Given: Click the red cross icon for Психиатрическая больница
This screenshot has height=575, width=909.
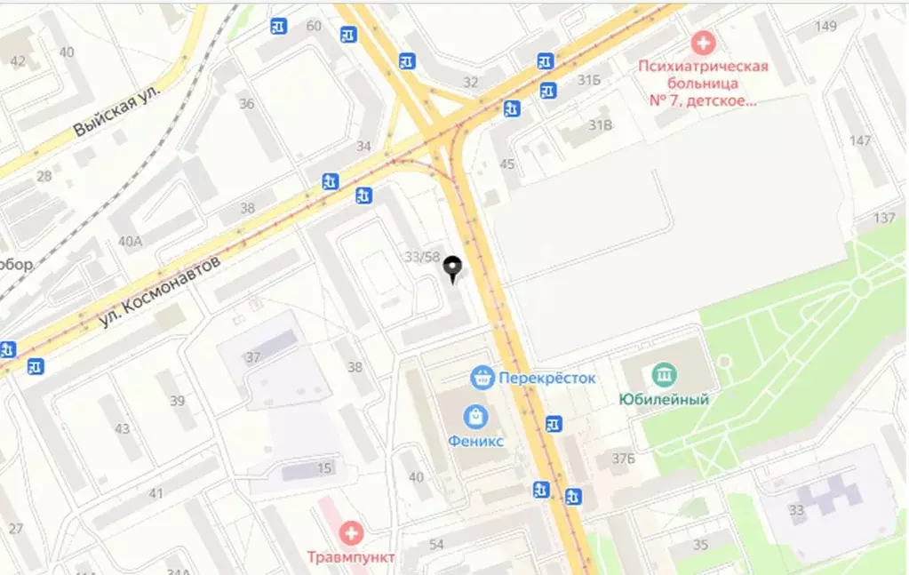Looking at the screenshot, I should [x=703, y=42].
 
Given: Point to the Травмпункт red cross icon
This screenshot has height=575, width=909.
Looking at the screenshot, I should [x=352, y=533].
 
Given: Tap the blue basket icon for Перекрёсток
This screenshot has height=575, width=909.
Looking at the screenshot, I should [x=482, y=378].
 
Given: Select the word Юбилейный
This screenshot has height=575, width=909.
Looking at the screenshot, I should [x=664, y=400].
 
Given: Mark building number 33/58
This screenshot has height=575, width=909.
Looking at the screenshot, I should [x=422, y=257].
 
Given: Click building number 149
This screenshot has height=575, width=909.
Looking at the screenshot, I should [x=825, y=26].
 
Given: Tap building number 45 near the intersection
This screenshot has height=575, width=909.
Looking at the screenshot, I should [x=507, y=164].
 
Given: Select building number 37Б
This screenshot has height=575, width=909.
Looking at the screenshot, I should [x=623, y=459].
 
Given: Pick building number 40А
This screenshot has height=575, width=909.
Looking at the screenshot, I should [x=130, y=241].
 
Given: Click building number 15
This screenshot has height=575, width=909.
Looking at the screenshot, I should [x=325, y=468].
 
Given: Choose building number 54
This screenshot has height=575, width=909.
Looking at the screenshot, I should [x=435, y=544].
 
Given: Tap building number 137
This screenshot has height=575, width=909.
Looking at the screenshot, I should [x=884, y=219].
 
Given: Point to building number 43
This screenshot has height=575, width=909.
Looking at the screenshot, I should [x=122, y=429].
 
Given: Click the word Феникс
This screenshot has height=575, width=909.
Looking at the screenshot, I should [x=475, y=442].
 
